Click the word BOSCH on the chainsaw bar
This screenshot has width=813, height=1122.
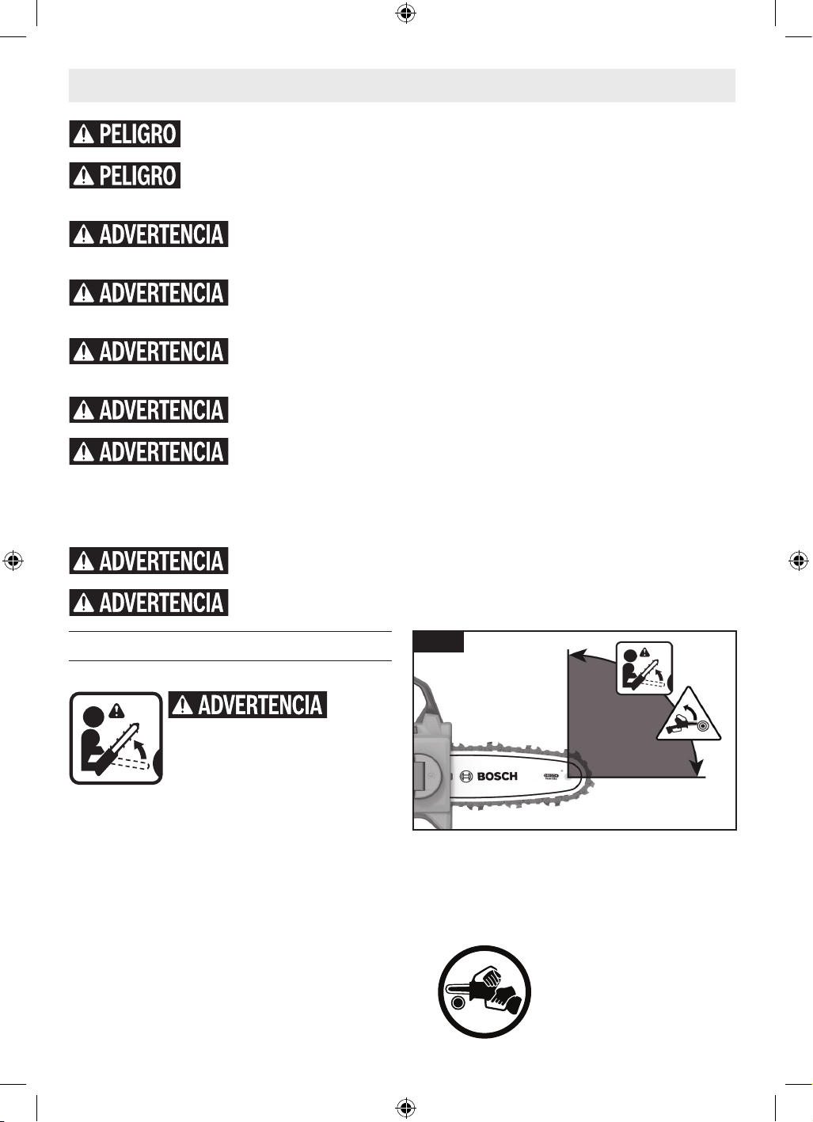pos(497,777)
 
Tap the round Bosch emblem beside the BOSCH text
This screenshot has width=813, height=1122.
pos(465,777)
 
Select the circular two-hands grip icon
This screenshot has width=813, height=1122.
pos(484,992)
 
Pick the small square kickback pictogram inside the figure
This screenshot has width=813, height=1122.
pos(644,668)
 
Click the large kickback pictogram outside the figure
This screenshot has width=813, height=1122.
pos(116,738)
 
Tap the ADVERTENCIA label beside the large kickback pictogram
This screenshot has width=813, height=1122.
pos(248,705)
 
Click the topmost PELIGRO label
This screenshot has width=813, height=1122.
pos(125,134)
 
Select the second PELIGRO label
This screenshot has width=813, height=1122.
pos(125,175)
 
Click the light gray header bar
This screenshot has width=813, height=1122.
pos(401,86)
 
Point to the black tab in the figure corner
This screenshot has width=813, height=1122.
pos(439,641)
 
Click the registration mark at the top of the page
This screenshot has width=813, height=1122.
pos(406,13)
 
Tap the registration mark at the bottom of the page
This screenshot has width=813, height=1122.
pos(406,1108)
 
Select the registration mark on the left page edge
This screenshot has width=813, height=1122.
pos(13,561)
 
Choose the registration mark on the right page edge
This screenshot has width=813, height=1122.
pos(799,561)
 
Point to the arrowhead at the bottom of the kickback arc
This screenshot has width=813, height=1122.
pos(697,768)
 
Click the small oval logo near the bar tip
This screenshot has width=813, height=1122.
pos(551,776)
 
